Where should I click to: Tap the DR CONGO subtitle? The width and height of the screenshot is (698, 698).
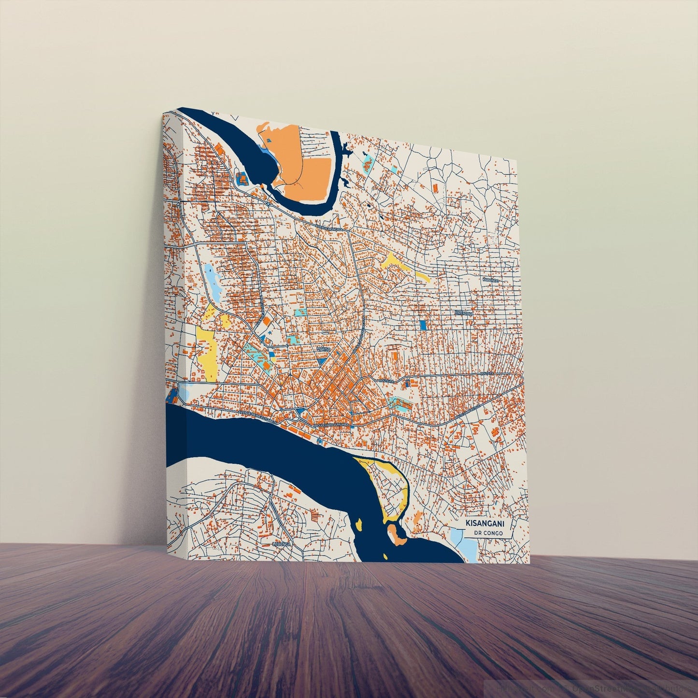(x=489, y=533)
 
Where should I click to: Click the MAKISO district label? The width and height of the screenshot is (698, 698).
(x=323, y=348)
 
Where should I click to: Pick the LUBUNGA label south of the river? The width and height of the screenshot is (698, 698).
(x=283, y=544)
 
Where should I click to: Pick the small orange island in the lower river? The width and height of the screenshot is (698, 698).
(x=398, y=534)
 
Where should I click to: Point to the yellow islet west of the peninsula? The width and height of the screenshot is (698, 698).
(x=359, y=523)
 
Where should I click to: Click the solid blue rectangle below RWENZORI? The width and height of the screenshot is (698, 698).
(x=423, y=325)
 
